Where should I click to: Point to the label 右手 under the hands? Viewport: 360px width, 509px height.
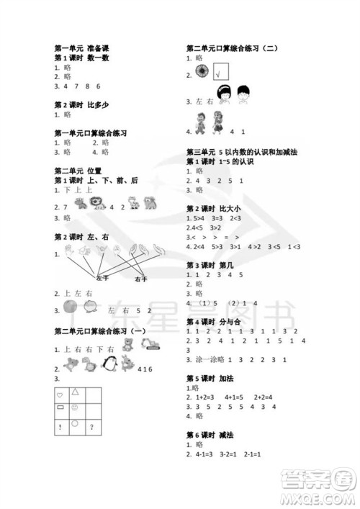(x=140, y=279)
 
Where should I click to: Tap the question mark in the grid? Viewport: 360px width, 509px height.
(x=91, y=428)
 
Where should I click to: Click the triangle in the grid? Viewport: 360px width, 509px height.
(x=75, y=392)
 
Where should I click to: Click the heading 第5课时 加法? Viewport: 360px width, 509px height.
(x=209, y=378)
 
